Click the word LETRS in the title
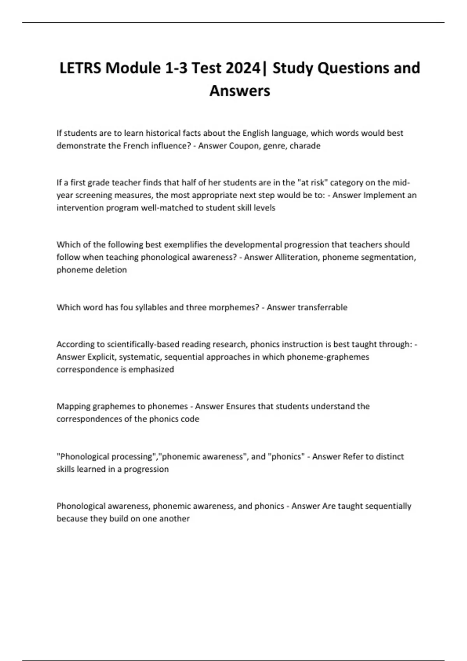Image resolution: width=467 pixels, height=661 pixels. click(x=80, y=68)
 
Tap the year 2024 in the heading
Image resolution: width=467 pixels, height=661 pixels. click(x=242, y=68)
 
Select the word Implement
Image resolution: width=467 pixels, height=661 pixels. click(x=384, y=195)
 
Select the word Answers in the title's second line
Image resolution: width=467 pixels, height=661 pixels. click(x=240, y=91)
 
